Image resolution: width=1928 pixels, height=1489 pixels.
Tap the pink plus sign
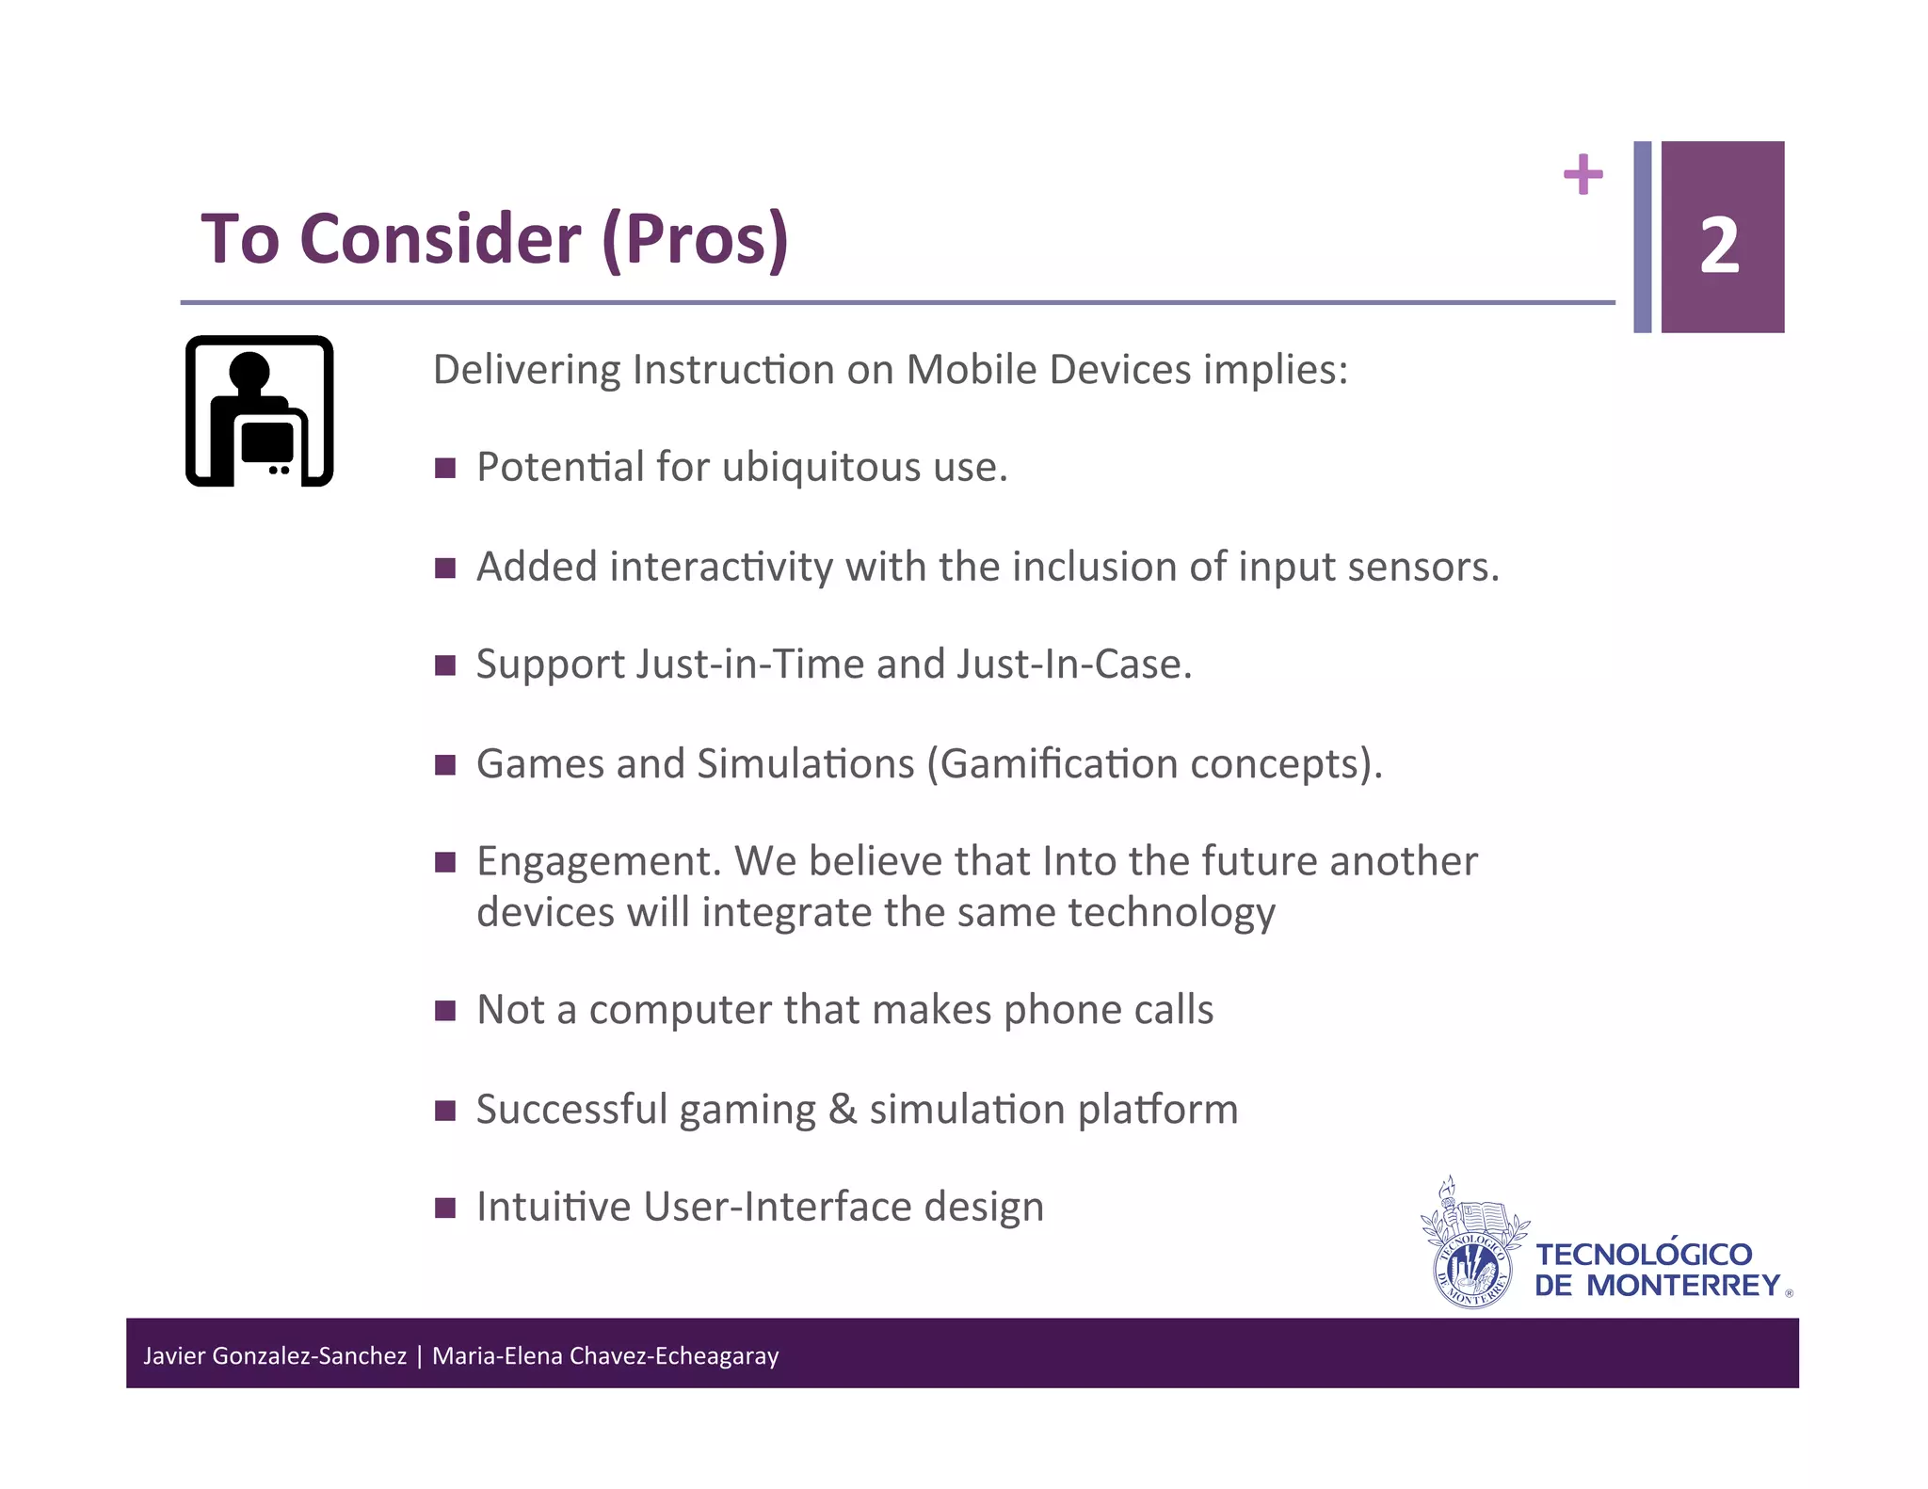pyautogui.click(x=1583, y=174)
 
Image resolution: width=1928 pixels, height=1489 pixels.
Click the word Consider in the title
pyautogui.click(x=440, y=239)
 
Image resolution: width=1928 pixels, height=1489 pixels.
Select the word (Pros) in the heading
pyautogui.click(x=695, y=239)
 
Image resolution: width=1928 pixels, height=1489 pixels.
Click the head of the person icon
pyautogui.click(x=249, y=371)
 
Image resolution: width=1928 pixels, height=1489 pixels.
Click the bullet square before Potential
pyautogui.click(x=445, y=468)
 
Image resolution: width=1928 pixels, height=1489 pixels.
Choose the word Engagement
pyautogui.click(x=599, y=862)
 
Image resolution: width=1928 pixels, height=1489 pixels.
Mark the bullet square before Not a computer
pyautogui.click(x=445, y=1011)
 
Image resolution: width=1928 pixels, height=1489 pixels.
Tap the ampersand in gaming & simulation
pyautogui.click(x=843, y=1109)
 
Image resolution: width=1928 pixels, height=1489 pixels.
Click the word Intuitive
pyautogui.click(x=554, y=1207)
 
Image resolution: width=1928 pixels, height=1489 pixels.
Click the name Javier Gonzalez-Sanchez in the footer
pyautogui.click(x=274, y=1355)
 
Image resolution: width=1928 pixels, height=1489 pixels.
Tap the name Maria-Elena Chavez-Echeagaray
pyautogui.click(x=605, y=1355)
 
